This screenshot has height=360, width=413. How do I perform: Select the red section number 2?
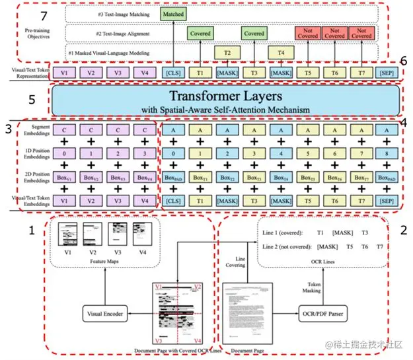point(403,232)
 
